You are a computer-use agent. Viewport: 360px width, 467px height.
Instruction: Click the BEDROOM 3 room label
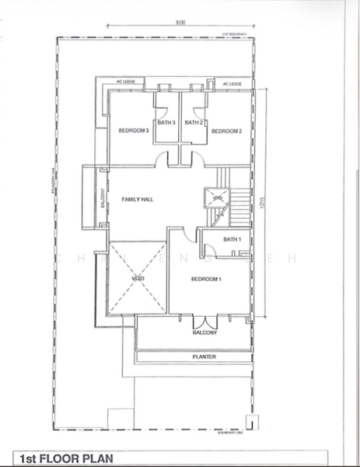point(133,131)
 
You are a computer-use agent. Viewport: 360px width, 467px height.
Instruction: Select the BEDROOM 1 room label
point(208,279)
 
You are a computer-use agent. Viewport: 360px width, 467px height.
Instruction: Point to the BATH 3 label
point(166,122)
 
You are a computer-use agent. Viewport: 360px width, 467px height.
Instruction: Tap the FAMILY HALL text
point(138,200)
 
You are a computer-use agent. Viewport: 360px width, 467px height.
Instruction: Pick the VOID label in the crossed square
point(138,278)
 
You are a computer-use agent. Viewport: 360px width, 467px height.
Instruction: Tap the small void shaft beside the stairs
point(215,199)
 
